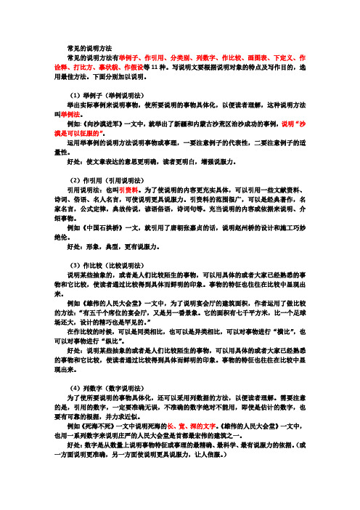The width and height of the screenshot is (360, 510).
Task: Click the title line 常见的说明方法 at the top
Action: pyautogui.click(x=89, y=46)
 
